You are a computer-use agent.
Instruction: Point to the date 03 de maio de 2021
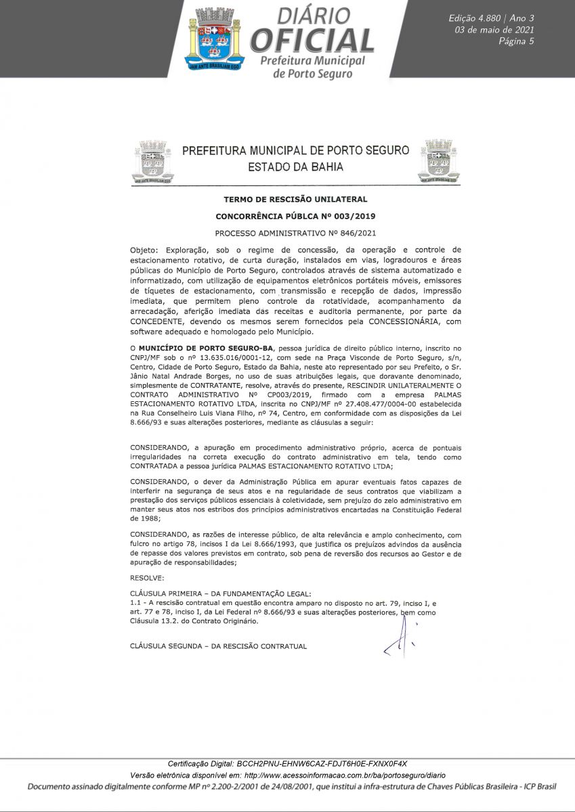point(494,30)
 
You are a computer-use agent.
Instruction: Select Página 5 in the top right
point(516,42)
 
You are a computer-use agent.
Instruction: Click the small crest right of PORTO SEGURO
point(438,161)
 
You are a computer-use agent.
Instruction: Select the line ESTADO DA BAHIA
point(295,166)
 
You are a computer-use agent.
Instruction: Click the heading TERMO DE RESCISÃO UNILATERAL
point(295,200)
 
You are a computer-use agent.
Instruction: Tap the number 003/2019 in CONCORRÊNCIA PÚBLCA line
point(352,217)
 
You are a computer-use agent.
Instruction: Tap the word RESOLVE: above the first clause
point(147,578)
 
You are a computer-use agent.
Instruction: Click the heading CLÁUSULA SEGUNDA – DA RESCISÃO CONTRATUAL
point(218,646)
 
